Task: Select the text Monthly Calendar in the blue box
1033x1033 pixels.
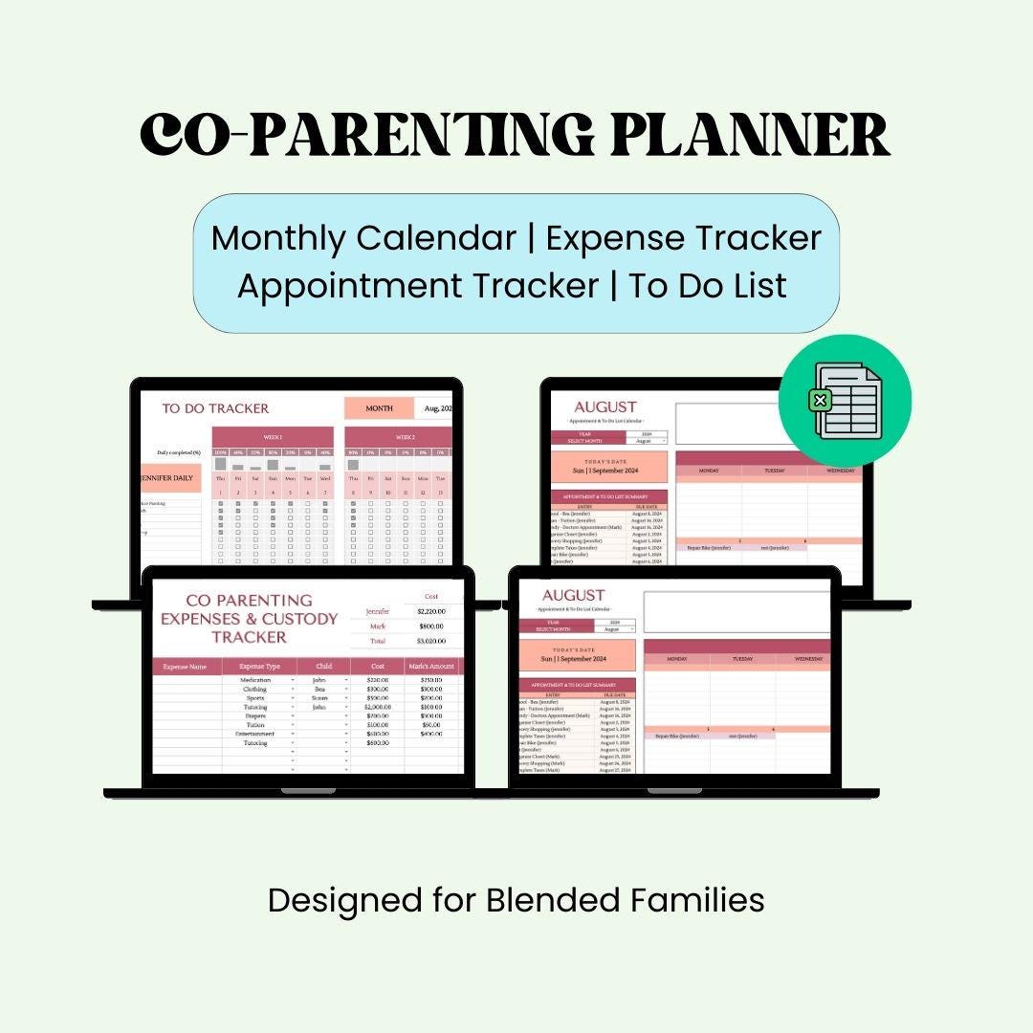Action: [x=363, y=238]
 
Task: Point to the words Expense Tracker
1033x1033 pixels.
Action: [x=684, y=238]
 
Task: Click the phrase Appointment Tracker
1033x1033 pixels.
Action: [x=417, y=286]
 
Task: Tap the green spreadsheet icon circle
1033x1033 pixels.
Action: [x=846, y=401]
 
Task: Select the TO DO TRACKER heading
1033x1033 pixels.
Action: [x=215, y=408]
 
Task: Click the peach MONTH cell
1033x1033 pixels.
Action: [x=379, y=408]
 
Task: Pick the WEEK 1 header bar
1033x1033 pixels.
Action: [x=273, y=437]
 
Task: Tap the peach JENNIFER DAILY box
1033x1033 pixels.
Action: [x=171, y=477]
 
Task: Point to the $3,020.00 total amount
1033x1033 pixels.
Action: [x=430, y=642]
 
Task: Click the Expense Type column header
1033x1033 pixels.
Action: [x=259, y=667]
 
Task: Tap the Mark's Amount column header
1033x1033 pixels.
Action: [x=430, y=667]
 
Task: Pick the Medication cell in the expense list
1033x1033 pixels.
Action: [x=255, y=680]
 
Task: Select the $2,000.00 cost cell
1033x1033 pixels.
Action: [x=377, y=707]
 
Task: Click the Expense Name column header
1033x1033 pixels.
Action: [x=186, y=667]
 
